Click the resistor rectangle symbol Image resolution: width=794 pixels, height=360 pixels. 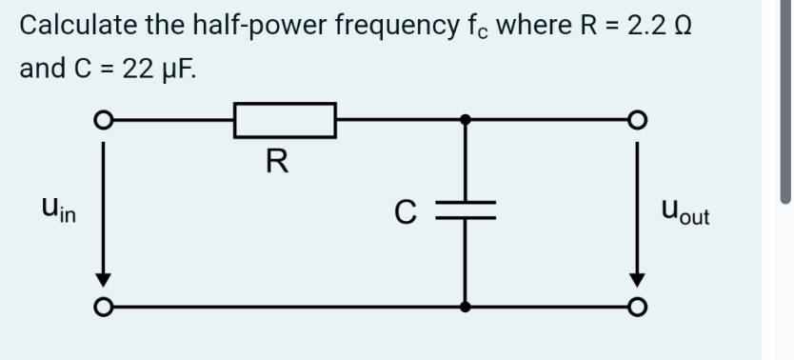tap(285, 121)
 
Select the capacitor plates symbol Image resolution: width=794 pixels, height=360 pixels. tap(465, 211)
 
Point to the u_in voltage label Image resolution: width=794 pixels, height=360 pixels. tap(60, 211)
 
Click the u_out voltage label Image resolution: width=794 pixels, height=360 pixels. tap(683, 211)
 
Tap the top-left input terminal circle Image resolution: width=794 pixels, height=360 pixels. tap(102, 121)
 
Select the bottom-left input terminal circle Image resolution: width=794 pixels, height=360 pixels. tap(102, 307)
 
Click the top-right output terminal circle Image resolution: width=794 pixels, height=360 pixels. tap(638, 121)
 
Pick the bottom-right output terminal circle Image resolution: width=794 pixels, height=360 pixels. tap(638, 307)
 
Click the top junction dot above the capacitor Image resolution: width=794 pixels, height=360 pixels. tap(465, 121)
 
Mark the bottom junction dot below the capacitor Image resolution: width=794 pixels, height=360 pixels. tap(465, 307)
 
